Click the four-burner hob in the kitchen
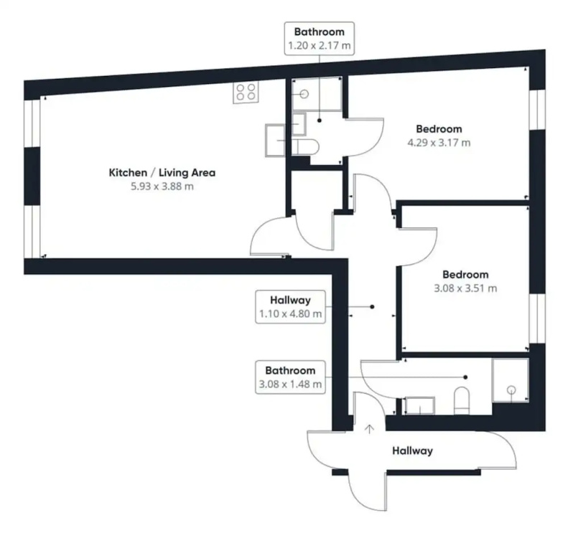click(x=246, y=92)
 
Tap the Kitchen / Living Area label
click(x=162, y=172)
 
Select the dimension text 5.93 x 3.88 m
click(x=162, y=187)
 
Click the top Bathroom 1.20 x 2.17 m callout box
click(x=319, y=38)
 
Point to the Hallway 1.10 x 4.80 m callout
click(x=290, y=306)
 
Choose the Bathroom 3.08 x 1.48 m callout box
click(x=290, y=377)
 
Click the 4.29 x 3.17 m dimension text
click(x=439, y=143)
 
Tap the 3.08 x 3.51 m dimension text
click(x=465, y=288)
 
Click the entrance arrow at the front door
click(x=369, y=429)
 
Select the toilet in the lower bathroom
click(x=462, y=400)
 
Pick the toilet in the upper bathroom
click(x=306, y=147)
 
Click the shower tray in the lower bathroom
click(x=511, y=380)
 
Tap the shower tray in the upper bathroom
click(x=317, y=94)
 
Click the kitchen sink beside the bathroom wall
click(x=275, y=141)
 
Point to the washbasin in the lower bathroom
click(x=419, y=406)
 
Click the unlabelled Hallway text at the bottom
click(x=412, y=451)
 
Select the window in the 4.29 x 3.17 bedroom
click(x=537, y=109)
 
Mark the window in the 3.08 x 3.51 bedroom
click(x=537, y=319)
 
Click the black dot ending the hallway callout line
click(x=372, y=307)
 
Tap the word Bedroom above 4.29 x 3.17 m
click(x=439, y=129)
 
